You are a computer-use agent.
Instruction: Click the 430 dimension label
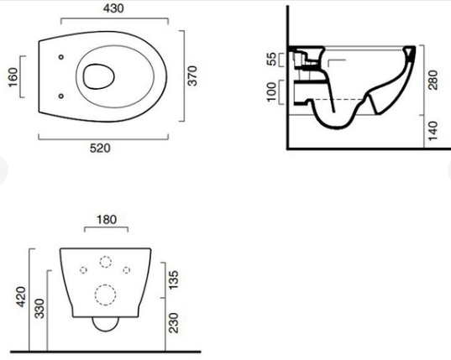click(113, 8)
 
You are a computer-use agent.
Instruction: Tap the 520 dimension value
click(100, 149)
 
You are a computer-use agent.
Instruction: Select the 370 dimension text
click(192, 76)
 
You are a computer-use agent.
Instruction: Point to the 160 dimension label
click(13, 77)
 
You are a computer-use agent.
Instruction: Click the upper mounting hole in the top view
click(61, 57)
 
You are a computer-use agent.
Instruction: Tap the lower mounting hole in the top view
click(61, 96)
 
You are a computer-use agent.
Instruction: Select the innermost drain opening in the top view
click(98, 76)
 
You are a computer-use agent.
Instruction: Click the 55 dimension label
click(271, 59)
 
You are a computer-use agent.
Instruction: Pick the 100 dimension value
click(271, 91)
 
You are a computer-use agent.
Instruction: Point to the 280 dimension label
click(433, 80)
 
